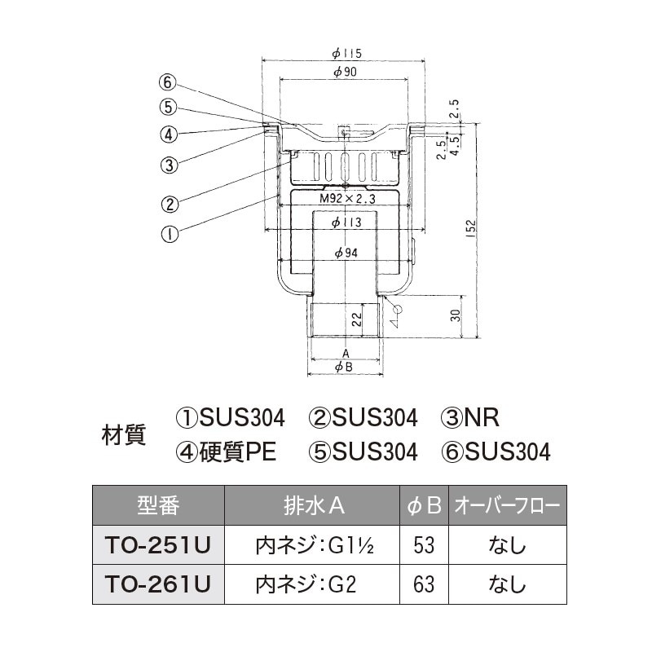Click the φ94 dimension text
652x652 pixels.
(x=346, y=253)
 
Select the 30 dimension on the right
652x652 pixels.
(x=456, y=315)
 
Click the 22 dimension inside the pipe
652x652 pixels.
(x=357, y=318)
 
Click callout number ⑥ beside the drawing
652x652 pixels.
(x=168, y=82)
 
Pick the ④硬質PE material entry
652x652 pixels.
(x=227, y=452)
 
